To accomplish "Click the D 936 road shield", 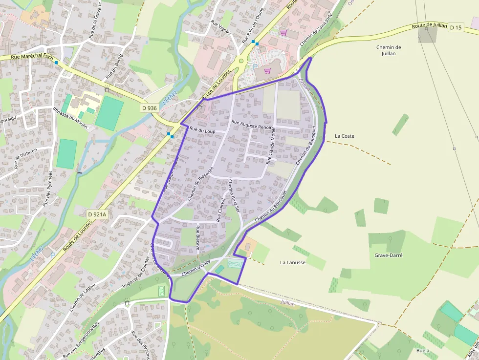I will click(x=150, y=108).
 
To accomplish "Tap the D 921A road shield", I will click(x=97, y=214).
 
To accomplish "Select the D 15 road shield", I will click(x=456, y=27).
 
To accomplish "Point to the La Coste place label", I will click(x=345, y=136).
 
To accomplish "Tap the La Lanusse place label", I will click(x=292, y=262).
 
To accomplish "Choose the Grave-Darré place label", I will click(x=389, y=255).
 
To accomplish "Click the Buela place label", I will click(x=423, y=350).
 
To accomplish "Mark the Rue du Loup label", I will click(x=202, y=131).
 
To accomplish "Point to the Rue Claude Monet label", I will click(x=270, y=145).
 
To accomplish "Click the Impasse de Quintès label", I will click(x=135, y=276).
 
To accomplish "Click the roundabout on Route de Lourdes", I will click(x=240, y=61).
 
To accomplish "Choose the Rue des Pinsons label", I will click(x=140, y=344).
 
